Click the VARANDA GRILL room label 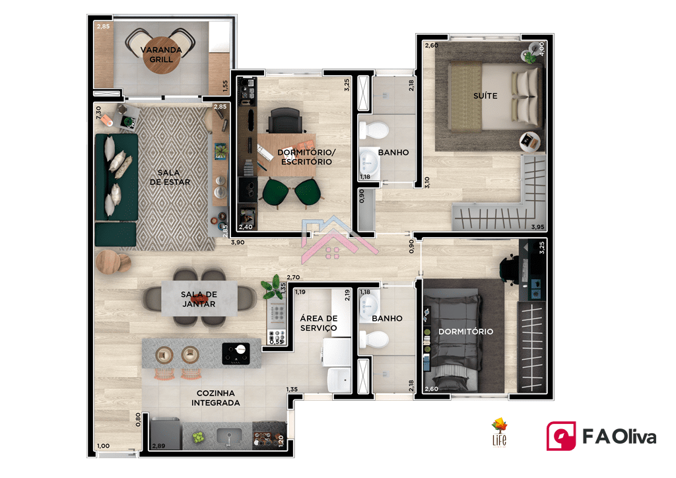coord(161,55)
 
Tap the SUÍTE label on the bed coord(485,96)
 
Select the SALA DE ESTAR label coord(170,177)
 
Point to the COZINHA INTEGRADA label coord(216,398)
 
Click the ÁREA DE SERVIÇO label coord(319,323)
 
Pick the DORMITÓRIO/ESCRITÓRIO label coord(306,157)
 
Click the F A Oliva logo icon coord(561,436)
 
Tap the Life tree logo coord(500,432)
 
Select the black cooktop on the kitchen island coord(236,353)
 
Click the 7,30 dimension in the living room coord(99,112)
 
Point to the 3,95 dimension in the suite coord(537,226)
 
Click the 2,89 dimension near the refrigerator coord(158,446)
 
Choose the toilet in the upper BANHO coord(374,130)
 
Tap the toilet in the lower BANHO coord(374,339)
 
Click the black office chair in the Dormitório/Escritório coord(285,120)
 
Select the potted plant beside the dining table coord(271,286)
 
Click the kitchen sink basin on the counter coord(229,436)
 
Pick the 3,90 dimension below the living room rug coord(238,242)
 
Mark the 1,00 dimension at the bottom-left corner coord(103,446)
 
